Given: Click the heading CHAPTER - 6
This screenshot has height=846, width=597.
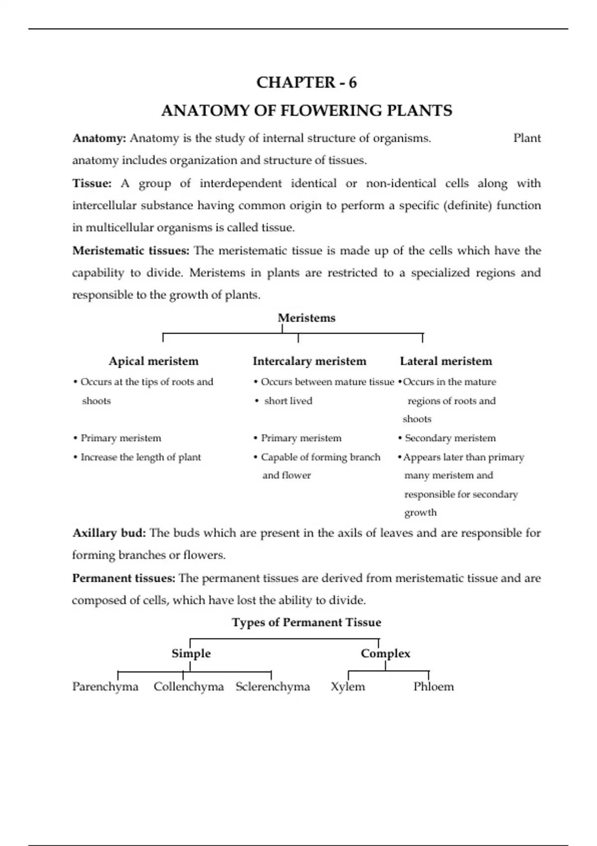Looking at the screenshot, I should click(306, 82).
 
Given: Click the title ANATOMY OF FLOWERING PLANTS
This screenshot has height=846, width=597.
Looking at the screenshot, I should click(306, 110).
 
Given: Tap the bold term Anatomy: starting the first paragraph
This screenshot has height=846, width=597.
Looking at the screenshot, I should click(99, 138).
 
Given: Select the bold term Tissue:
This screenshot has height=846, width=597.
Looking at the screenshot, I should click(92, 184).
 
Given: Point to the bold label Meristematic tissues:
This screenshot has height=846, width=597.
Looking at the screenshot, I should click(131, 251).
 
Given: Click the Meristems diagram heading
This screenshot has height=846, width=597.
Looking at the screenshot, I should click(306, 318).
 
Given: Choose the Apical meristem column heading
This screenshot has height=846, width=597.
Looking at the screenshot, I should click(153, 361).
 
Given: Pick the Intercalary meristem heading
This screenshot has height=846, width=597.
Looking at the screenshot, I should click(309, 361).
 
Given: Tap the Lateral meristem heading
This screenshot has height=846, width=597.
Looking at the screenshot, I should click(446, 361).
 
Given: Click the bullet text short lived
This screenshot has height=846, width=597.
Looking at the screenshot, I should click(288, 401).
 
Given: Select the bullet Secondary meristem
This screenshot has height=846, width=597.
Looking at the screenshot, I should click(450, 438).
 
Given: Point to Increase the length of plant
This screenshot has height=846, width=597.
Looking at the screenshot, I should click(141, 457).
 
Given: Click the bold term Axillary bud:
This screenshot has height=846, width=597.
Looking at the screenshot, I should click(109, 533).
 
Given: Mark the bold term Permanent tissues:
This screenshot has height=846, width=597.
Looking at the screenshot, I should click(124, 578).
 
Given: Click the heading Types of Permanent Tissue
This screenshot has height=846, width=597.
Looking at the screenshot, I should click(306, 623).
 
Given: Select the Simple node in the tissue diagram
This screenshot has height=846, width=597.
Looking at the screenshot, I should click(191, 653).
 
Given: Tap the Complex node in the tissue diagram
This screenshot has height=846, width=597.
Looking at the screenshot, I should click(386, 653).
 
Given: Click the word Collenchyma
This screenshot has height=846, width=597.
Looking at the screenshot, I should click(189, 687).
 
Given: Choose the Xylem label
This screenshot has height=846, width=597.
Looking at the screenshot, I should click(348, 687).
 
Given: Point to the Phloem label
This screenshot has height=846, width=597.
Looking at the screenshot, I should click(433, 687).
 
